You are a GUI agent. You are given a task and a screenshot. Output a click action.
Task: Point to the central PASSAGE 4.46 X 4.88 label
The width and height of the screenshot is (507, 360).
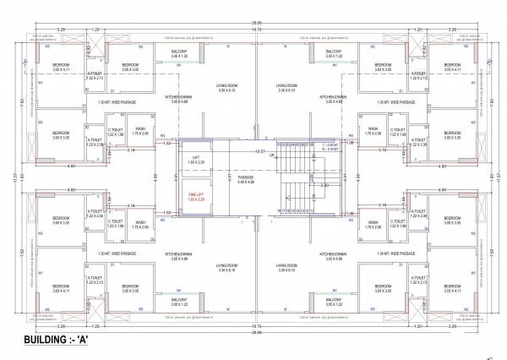(x=246, y=179)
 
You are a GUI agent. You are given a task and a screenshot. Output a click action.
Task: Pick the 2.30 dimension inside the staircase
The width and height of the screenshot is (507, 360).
(x=324, y=185)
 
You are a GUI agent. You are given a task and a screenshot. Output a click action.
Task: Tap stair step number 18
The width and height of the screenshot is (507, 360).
(x=280, y=210)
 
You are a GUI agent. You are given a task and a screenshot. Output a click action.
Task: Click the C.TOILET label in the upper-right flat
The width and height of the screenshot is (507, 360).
(x=396, y=132)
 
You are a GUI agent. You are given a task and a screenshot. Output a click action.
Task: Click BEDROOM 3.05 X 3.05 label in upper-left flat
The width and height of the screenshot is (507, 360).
(x=130, y=67)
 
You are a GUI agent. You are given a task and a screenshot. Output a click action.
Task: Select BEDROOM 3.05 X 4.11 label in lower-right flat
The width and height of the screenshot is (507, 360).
(x=452, y=288)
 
